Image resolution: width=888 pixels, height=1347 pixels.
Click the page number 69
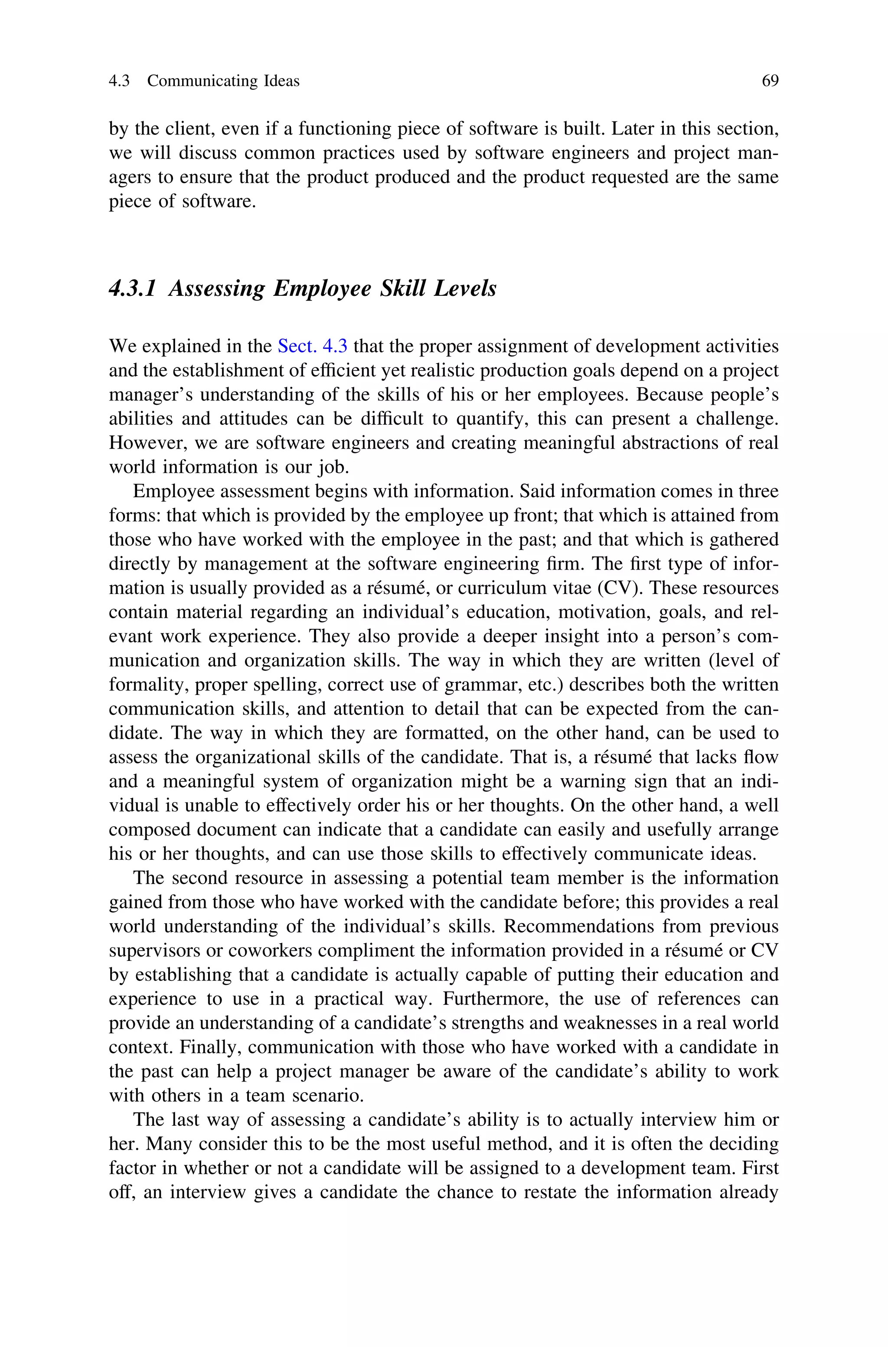770,81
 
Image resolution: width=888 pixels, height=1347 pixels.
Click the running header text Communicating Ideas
223,81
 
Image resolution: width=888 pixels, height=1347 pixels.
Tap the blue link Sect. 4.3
312,346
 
